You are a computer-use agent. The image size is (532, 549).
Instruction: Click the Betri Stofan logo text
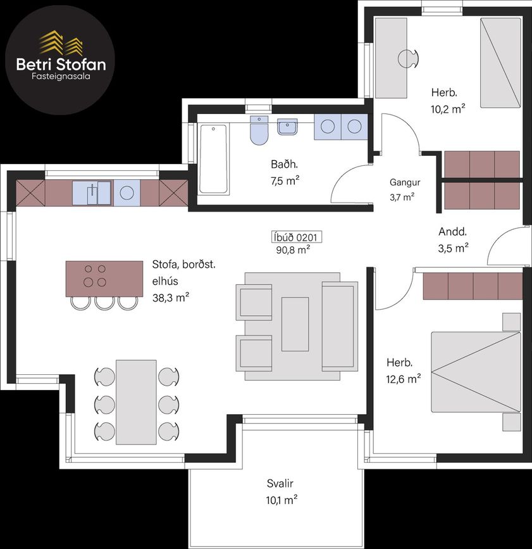(61, 65)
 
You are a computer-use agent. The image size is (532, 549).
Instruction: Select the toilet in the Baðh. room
(259, 130)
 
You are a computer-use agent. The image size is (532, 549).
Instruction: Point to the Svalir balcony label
(280, 484)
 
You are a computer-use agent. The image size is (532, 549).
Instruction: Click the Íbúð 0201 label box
(297, 237)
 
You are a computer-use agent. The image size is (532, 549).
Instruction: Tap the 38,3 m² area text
(171, 298)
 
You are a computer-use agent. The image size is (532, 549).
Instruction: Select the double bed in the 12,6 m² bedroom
(476, 372)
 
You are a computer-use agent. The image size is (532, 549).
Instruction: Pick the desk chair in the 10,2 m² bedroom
(408, 58)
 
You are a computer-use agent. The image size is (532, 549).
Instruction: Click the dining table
(136, 402)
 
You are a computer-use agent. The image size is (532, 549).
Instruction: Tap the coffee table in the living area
(295, 324)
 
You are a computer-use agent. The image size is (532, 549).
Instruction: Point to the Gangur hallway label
(405, 182)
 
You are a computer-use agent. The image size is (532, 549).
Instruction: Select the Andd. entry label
(452, 231)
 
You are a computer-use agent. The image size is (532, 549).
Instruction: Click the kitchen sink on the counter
(92, 192)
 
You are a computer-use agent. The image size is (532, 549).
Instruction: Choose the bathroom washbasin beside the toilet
(287, 127)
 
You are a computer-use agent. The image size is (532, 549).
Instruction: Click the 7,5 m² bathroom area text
(285, 181)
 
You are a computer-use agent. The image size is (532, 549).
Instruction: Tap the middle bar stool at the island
(104, 303)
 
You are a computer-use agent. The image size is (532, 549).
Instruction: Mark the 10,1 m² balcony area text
(281, 500)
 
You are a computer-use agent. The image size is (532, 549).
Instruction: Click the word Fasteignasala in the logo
(61, 77)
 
